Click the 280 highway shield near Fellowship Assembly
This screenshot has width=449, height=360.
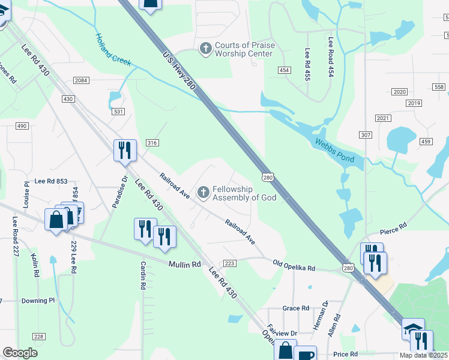click(268, 177)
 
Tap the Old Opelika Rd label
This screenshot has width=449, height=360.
click(294, 265)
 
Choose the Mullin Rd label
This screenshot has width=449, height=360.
click(184, 264)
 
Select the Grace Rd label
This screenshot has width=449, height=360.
click(295, 308)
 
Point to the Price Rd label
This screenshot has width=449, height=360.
click(346, 355)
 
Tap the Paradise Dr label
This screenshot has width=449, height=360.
click(118, 191)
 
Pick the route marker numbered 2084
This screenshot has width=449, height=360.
click(81, 80)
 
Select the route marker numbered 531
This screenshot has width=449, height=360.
click(118, 112)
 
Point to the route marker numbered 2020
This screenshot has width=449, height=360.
click(399, 92)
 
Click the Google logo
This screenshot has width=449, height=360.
click(20, 353)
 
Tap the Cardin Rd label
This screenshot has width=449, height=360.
click(143, 275)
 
